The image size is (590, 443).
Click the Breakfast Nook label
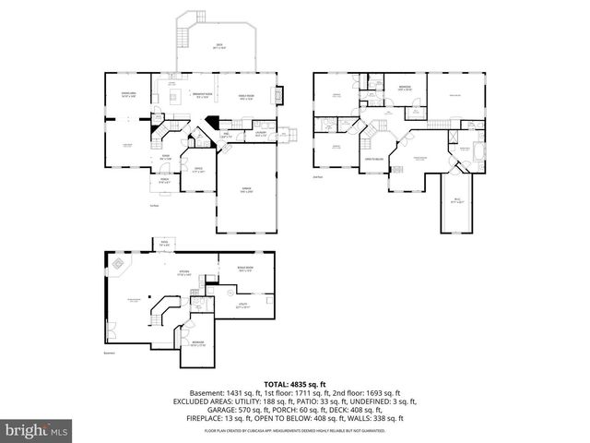(202, 94)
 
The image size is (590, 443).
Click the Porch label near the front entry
(164, 181)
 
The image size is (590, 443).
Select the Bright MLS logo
(36, 430)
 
